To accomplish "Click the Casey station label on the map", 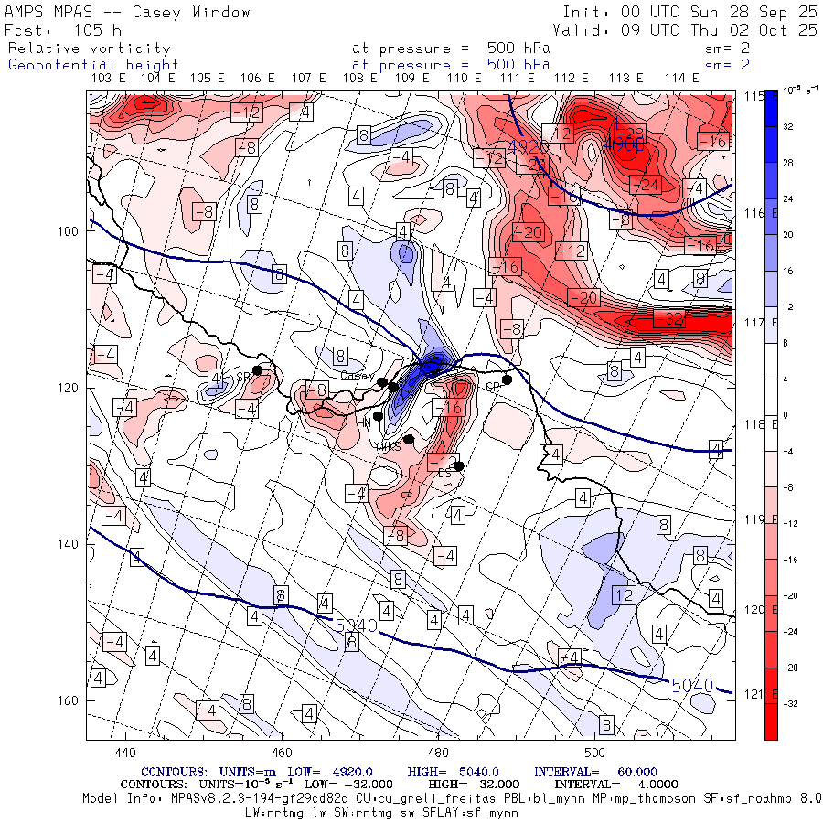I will tap(352, 375).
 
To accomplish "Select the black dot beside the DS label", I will tap(459, 465).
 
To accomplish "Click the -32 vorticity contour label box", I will tap(670, 319).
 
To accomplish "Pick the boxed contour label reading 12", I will tap(623, 595).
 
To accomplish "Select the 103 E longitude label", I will tap(109, 78).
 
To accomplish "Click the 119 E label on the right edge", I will tap(752, 519).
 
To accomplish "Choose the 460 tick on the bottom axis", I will tap(282, 753).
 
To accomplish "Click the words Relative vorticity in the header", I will tap(89, 48).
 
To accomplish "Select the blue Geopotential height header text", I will tap(93, 65).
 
